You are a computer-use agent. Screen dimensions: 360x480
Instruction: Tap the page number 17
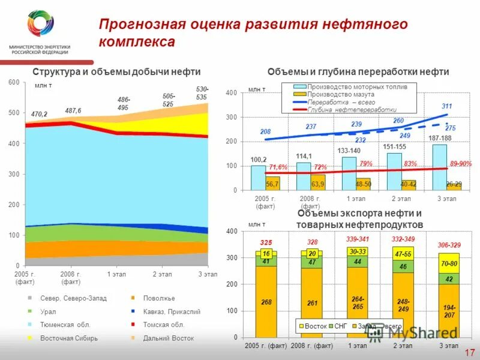coord(469,352)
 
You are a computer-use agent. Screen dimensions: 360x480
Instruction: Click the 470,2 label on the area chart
coord(39,113)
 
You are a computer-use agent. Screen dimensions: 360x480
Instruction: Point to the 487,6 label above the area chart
coord(73,110)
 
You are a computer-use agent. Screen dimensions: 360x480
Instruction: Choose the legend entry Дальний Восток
coord(169,338)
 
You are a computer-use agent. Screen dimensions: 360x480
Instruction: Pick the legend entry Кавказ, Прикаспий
coord(172,311)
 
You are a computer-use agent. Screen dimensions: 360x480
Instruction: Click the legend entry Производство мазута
coord(340,95)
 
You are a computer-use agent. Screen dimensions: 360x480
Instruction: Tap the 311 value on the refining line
coord(446,106)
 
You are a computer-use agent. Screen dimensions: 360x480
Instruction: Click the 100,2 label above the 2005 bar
coord(259,160)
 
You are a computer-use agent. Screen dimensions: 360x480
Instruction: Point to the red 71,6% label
coord(278,167)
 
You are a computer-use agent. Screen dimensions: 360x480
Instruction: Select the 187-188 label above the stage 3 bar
coord(440,139)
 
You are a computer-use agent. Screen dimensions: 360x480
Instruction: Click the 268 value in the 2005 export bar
coord(266,302)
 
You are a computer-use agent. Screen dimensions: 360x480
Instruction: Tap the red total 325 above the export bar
coord(266,242)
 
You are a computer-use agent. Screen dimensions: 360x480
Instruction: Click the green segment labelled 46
coord(403,266)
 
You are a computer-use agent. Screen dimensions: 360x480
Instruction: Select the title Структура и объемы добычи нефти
coord(116,71)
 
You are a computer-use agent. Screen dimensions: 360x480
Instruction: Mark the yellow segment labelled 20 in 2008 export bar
coord(312,254)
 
